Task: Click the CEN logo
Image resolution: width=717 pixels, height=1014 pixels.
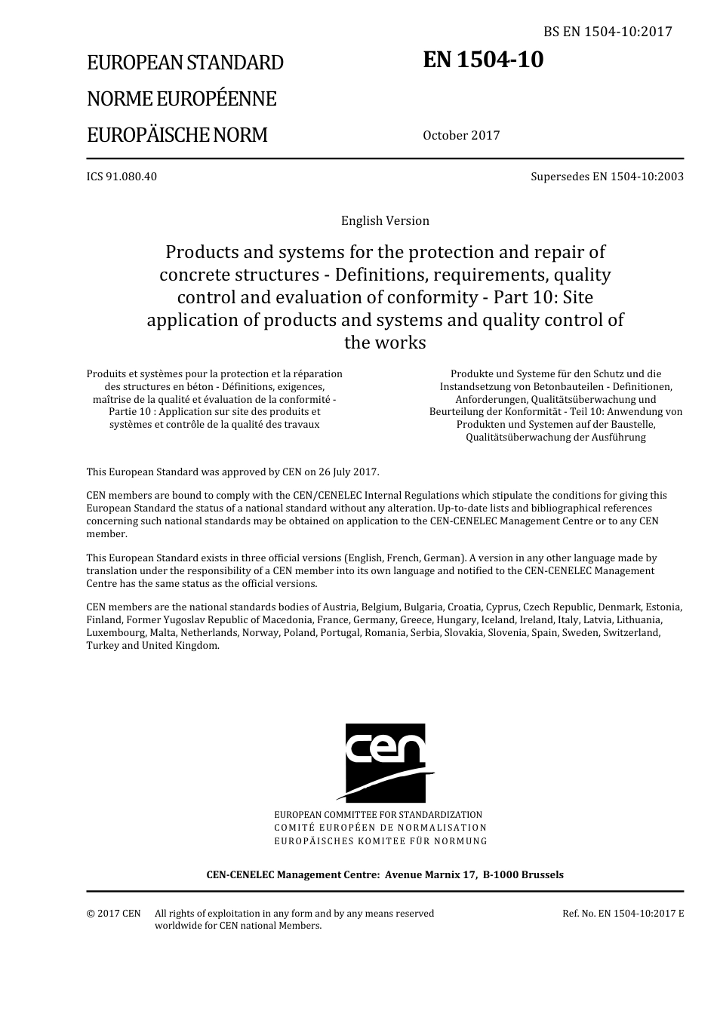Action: [385, 762]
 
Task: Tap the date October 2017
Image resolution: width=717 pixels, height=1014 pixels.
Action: [461, 136]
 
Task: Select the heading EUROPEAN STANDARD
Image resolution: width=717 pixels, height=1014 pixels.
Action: [185, 63]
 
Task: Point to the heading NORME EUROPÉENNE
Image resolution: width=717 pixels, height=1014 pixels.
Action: [181, 99]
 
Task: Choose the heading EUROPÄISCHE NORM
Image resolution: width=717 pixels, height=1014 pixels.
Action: [177, 135]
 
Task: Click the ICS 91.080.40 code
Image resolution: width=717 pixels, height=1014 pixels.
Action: [122, 177]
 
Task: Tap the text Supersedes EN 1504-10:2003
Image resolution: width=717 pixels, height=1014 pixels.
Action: [607, 177]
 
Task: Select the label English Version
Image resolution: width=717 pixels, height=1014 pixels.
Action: [385, 220]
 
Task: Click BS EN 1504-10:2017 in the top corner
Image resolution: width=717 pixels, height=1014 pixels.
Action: [608, 32]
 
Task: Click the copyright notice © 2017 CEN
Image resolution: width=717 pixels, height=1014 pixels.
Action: [113, 913]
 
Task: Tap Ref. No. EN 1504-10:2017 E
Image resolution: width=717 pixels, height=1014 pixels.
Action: [623, 913]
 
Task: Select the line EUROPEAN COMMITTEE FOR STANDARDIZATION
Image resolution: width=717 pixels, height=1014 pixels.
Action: [378, 815]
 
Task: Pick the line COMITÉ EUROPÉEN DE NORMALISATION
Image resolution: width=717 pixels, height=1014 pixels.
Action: [380, 828]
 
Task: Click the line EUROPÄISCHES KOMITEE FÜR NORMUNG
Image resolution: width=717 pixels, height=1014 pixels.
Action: [380, 840]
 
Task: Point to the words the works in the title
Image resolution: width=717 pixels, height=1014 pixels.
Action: [385, 343]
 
